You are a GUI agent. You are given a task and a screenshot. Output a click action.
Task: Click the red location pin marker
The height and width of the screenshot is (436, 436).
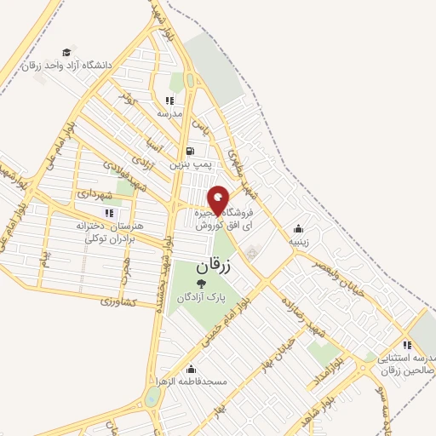coord(219,200)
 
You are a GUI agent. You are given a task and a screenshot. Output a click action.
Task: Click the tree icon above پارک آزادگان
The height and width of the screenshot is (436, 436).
coord(201,284)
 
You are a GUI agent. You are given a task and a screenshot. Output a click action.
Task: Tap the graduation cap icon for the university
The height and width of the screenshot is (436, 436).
coord(67,51)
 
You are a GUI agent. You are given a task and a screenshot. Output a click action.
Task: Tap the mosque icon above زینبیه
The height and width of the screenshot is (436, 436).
coord(298,228)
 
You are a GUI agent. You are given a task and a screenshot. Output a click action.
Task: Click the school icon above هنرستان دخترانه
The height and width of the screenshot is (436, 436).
coord(107,212)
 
